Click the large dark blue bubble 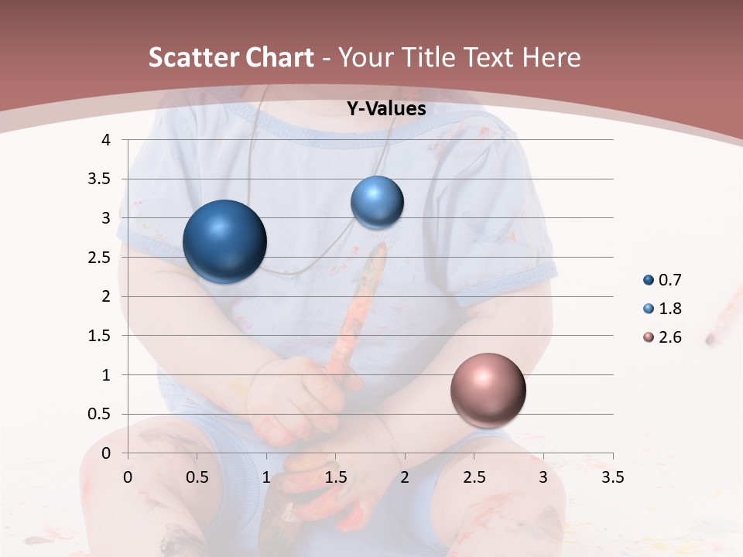pyautogui.click(x=225, y=241)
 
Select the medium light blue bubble pyautogui.click(x=377, y=203)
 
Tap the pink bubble pyautogui.click(x=488, y=390)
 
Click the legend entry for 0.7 pyautogui.click(x=663, y=280)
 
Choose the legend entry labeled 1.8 pyautogui.click(x=663, y=309)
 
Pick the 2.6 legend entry pyautogui.click(x=663, y=337)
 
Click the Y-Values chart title pyautogui.click(x=385, y=109)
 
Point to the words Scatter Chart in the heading pyautogui.click(x=231, y=57)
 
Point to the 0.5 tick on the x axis pyautogui.click(x=197, y=477)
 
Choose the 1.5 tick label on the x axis pyautogui.click(x=336, y=477)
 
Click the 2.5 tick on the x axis pyautogui.click(x=474, y=477)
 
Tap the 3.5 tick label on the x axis pyautogui.click(x=613, y=477)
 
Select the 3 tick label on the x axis pyautogui.click(x=543, y=477)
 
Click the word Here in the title pyautogui.click(x=551, y=57)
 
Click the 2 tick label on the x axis pyautogui.click(x=405, y=477)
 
